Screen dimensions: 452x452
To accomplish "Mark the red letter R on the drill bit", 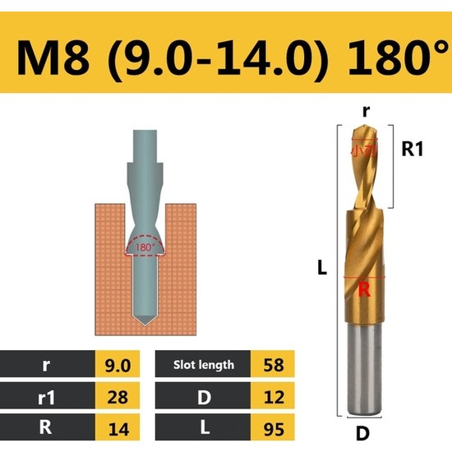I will (364, 288).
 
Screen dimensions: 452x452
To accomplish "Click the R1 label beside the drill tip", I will (411, 150).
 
